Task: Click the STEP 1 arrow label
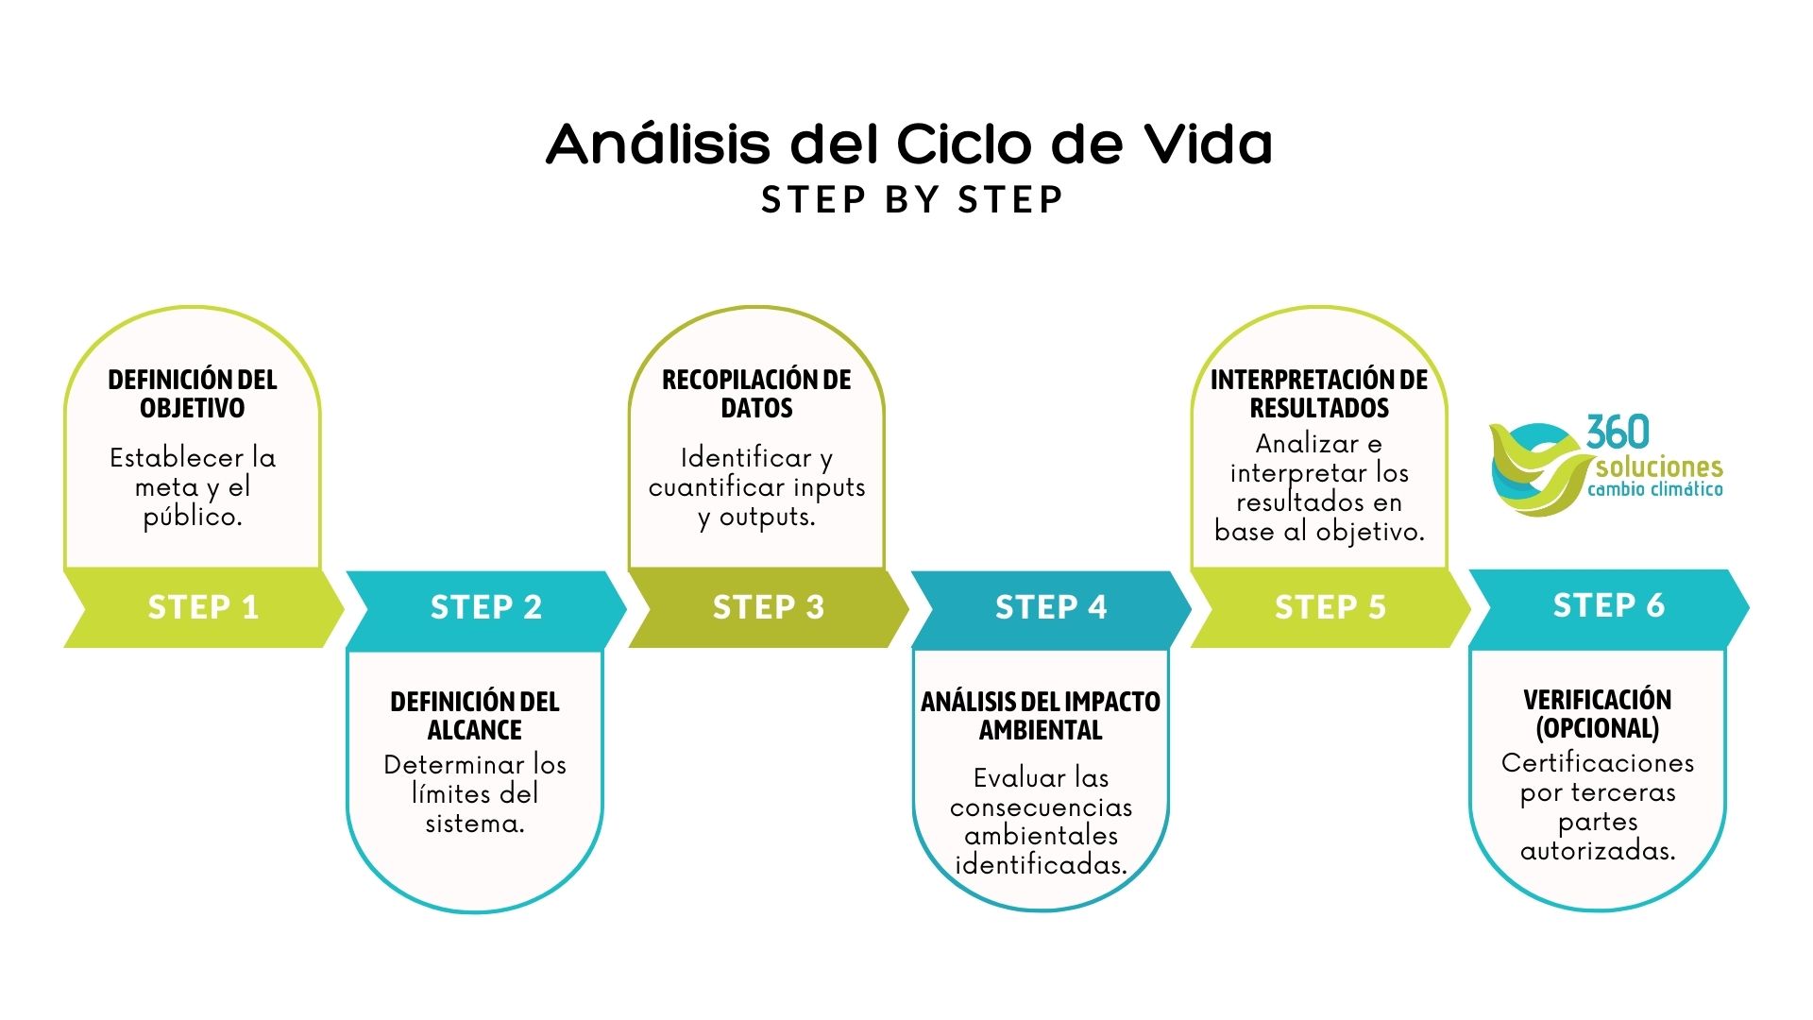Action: (x=203, y=607)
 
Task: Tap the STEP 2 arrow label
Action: (x=486, y=607)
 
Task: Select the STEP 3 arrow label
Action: (x=769, y=607)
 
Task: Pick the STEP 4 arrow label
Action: (x=1051, y=607)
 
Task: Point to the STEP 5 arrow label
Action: (x=1330, y=607)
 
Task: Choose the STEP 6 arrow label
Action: (x=1609, y=605)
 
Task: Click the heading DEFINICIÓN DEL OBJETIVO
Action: (x=193, y=394)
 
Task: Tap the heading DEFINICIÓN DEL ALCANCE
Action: (x=475, y=716)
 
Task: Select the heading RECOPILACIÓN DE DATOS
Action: (x=756, y=394)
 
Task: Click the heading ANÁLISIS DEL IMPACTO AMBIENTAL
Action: (x=1041, y=716)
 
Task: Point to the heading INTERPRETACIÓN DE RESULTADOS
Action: (x=1319, y=394)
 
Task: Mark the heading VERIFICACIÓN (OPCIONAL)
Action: (x=1598, y=714)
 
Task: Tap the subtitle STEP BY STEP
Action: (x=912, y=200)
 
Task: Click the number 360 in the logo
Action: (x=1618, y=433)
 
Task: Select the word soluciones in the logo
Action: (x=1659, y=467)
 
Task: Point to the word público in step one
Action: (x=193, y=518)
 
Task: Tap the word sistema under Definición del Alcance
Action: (x=474, y=824)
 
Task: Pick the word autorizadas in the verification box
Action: (x=1598, y=851)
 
